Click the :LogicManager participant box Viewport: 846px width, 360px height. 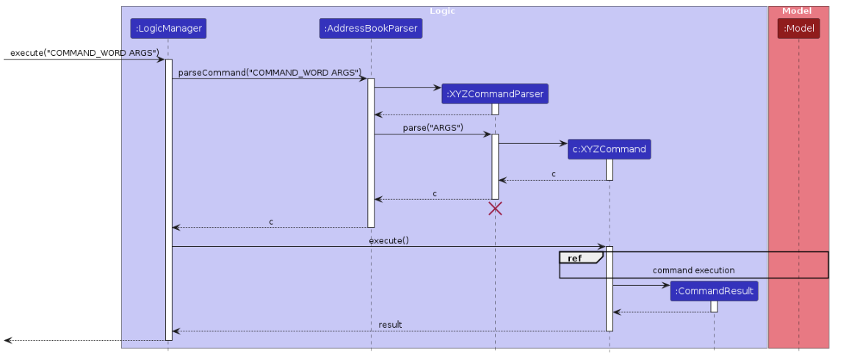point(168,29)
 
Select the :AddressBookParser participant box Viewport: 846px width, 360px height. point(371,29)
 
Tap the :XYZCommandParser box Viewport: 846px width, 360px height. point(495,94)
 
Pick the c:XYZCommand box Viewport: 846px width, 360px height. point(609,149)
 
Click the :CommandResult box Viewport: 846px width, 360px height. point(714,291)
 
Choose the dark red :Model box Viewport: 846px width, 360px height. point(798,29)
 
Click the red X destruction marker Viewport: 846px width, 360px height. point(495,209)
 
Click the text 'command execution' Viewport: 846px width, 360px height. point(693,270)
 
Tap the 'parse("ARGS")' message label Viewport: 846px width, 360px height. point(433,128)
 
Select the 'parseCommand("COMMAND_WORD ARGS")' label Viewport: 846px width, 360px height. point(270,72)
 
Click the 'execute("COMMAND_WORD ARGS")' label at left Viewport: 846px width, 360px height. point(84,53)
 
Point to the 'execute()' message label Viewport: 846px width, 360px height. point(388,240)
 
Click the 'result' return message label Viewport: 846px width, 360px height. point(390,325)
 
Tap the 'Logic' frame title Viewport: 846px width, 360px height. point(442,11)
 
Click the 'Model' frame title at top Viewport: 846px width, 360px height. point(797,11)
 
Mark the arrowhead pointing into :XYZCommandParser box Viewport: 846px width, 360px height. point(438,88)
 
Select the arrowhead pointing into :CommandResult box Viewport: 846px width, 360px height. point(666,285)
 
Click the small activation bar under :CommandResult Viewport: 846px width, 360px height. point(714,306)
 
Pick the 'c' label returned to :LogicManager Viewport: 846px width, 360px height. point(271,221)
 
